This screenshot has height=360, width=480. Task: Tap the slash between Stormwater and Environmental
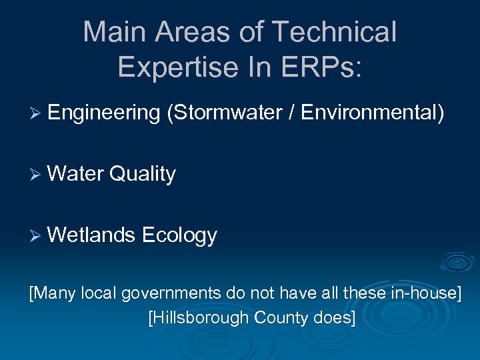click(x=291, y=113)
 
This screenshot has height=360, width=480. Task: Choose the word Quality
click(x=142, y=174)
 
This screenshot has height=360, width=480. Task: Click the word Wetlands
click(x=92, y=235)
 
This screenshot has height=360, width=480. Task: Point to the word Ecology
click(x=179, y=235)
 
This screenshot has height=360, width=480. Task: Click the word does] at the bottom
click(x=335, y=317)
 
